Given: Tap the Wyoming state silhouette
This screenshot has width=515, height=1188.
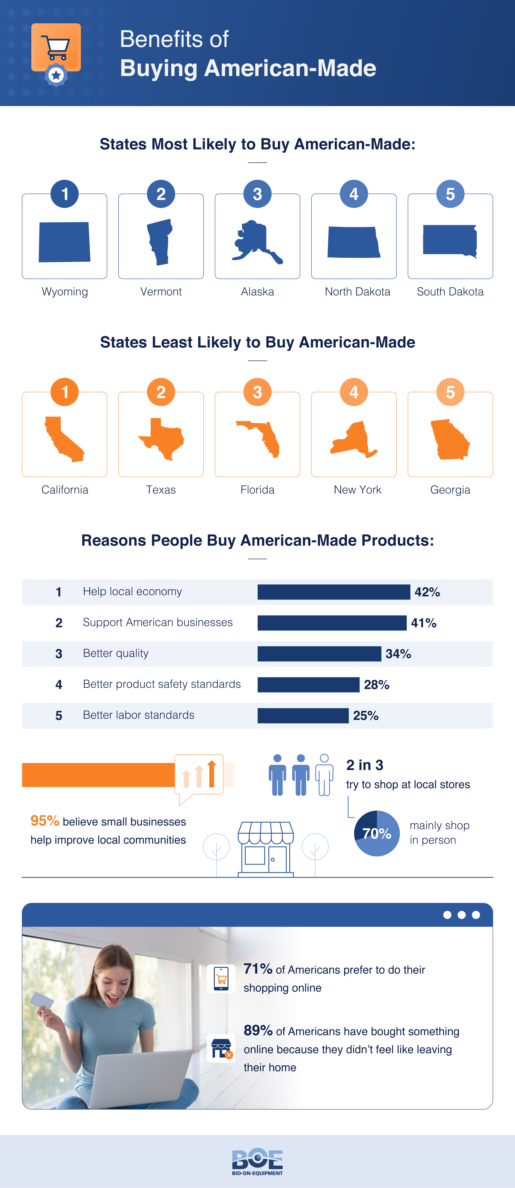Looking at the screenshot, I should coord(65,242).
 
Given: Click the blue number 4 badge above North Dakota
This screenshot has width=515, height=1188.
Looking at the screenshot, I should coord(354,194).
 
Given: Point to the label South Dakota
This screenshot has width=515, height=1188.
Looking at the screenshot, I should coord(450,291).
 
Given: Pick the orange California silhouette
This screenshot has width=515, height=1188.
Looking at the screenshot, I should coord(64,439).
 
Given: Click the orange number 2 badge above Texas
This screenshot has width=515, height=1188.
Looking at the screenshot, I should coord(161,392).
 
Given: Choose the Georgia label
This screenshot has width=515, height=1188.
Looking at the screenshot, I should coord(450,490).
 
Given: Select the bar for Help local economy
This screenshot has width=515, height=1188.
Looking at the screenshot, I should coord(333,592).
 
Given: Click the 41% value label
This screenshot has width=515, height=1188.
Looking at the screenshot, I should coord(423,623).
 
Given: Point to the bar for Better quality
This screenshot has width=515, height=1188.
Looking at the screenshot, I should coord(319,654).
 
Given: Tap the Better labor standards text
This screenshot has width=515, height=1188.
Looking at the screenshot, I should coord(138,715).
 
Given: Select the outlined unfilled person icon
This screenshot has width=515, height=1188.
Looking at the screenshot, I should coord(324,775).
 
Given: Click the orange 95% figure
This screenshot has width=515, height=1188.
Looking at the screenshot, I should coord(45,821).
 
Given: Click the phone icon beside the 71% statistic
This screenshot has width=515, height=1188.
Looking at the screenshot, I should coord(221,978).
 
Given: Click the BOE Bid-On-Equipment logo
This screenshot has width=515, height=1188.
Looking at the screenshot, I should coord(257,1161).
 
